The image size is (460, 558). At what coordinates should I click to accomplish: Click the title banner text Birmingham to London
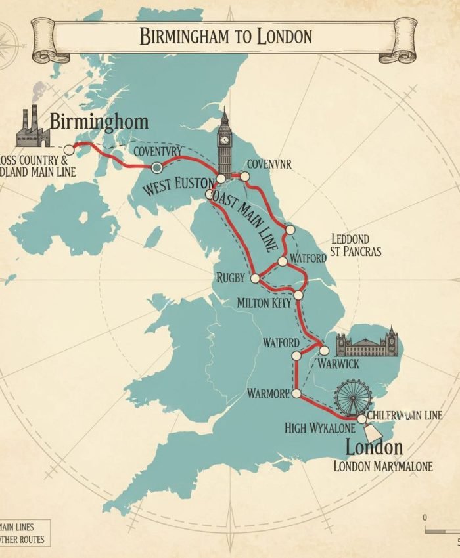(225, 35)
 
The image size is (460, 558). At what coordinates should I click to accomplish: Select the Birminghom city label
(99, 122)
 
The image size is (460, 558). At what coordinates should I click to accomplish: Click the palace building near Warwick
(367, 344)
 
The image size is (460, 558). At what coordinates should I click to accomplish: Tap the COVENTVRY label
(157, 151)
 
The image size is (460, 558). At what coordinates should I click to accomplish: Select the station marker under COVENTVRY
(157, 167)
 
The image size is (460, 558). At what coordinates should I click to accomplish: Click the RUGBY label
(231, 278)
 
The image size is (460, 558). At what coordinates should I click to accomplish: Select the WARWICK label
(338, 363)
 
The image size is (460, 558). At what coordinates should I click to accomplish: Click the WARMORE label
(268, 394)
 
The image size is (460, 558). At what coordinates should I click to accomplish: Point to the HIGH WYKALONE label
(319, 428)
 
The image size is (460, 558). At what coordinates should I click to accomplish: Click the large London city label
(374, 448)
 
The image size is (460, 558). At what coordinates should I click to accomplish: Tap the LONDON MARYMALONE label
(383, 466)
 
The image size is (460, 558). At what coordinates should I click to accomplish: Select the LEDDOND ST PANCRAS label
(355, 244)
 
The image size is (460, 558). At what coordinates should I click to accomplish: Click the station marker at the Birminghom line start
(69, 150)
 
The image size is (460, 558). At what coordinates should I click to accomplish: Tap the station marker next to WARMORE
(296, 393)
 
